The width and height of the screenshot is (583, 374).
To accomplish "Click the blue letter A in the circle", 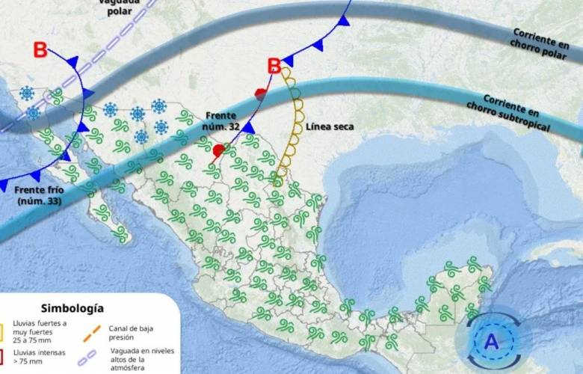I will [491, 342].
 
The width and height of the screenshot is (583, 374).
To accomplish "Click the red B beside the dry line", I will [275, 67].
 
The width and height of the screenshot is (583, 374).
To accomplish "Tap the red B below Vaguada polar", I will [40, 51].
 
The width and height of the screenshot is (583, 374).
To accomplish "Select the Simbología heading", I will [73, 308].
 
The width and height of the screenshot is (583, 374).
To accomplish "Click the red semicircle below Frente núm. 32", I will [218, 151].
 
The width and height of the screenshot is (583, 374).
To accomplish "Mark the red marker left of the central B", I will [260, 94].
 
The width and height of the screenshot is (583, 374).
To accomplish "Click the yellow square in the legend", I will [2, 331].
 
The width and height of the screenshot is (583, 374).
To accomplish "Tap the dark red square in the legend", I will [2, 355].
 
